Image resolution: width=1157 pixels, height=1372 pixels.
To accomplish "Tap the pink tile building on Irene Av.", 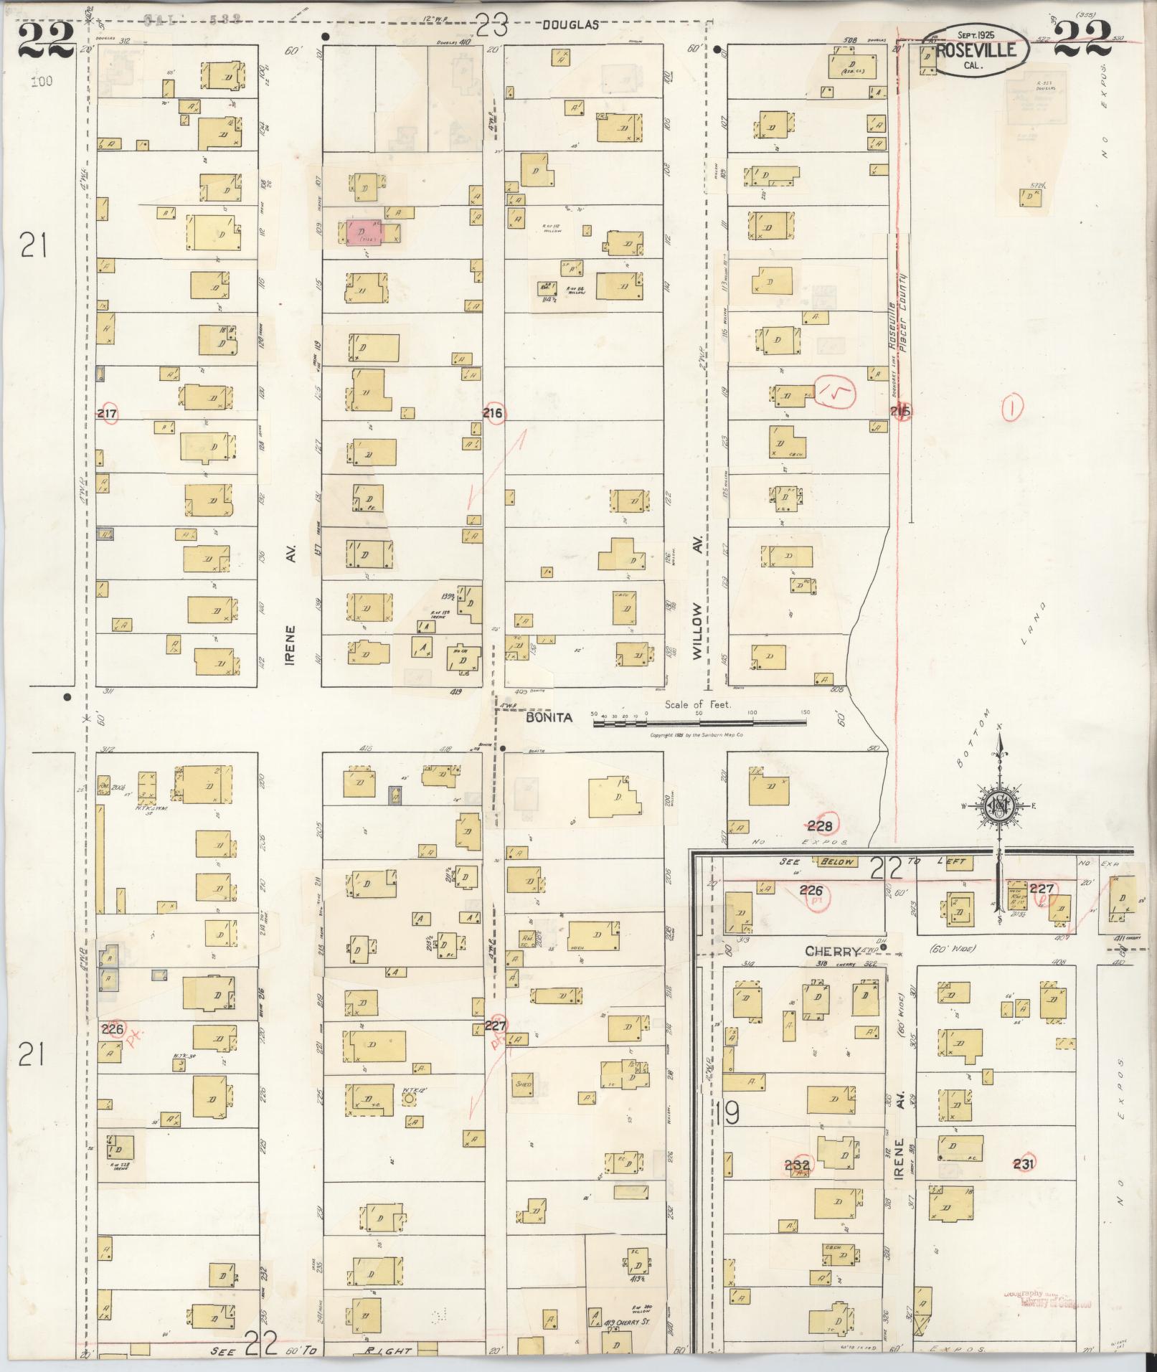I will pyautogui.click(x=364, y=232).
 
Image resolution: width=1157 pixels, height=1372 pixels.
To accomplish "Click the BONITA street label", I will pyautogui.click(x=549, y=717).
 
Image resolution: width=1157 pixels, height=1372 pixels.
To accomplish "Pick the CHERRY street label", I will pyautogui.click(x=832, y=952).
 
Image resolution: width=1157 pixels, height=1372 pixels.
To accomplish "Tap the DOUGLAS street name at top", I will pyautogui.click(x=570, y=24).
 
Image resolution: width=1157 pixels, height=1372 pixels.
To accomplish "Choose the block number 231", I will pyautogui.click(x=1024, y=1164).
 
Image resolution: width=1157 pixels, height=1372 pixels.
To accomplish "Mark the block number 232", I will pyautogui.click(x=798, y=1165).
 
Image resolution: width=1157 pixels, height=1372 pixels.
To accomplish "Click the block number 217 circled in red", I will pyautogui.click(x=108, y=414).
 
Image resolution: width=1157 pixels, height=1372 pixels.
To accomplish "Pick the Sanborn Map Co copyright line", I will pyautogui.click(x=696, y=736).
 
